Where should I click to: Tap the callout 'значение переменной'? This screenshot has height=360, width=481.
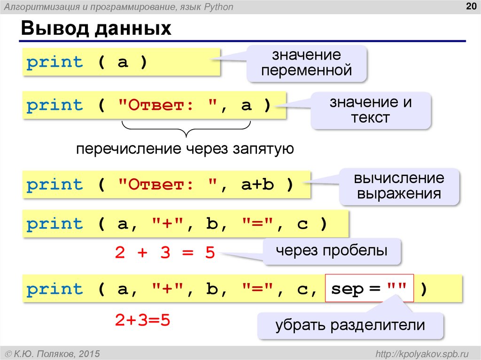307,63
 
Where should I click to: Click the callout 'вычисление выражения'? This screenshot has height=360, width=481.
399,186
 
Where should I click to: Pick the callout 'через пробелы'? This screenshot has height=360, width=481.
331,251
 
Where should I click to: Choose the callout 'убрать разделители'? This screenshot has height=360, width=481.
350,325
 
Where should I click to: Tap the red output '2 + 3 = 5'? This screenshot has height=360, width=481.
164,253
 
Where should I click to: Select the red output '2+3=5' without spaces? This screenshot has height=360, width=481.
142,321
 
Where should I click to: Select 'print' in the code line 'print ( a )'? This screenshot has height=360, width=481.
54,62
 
